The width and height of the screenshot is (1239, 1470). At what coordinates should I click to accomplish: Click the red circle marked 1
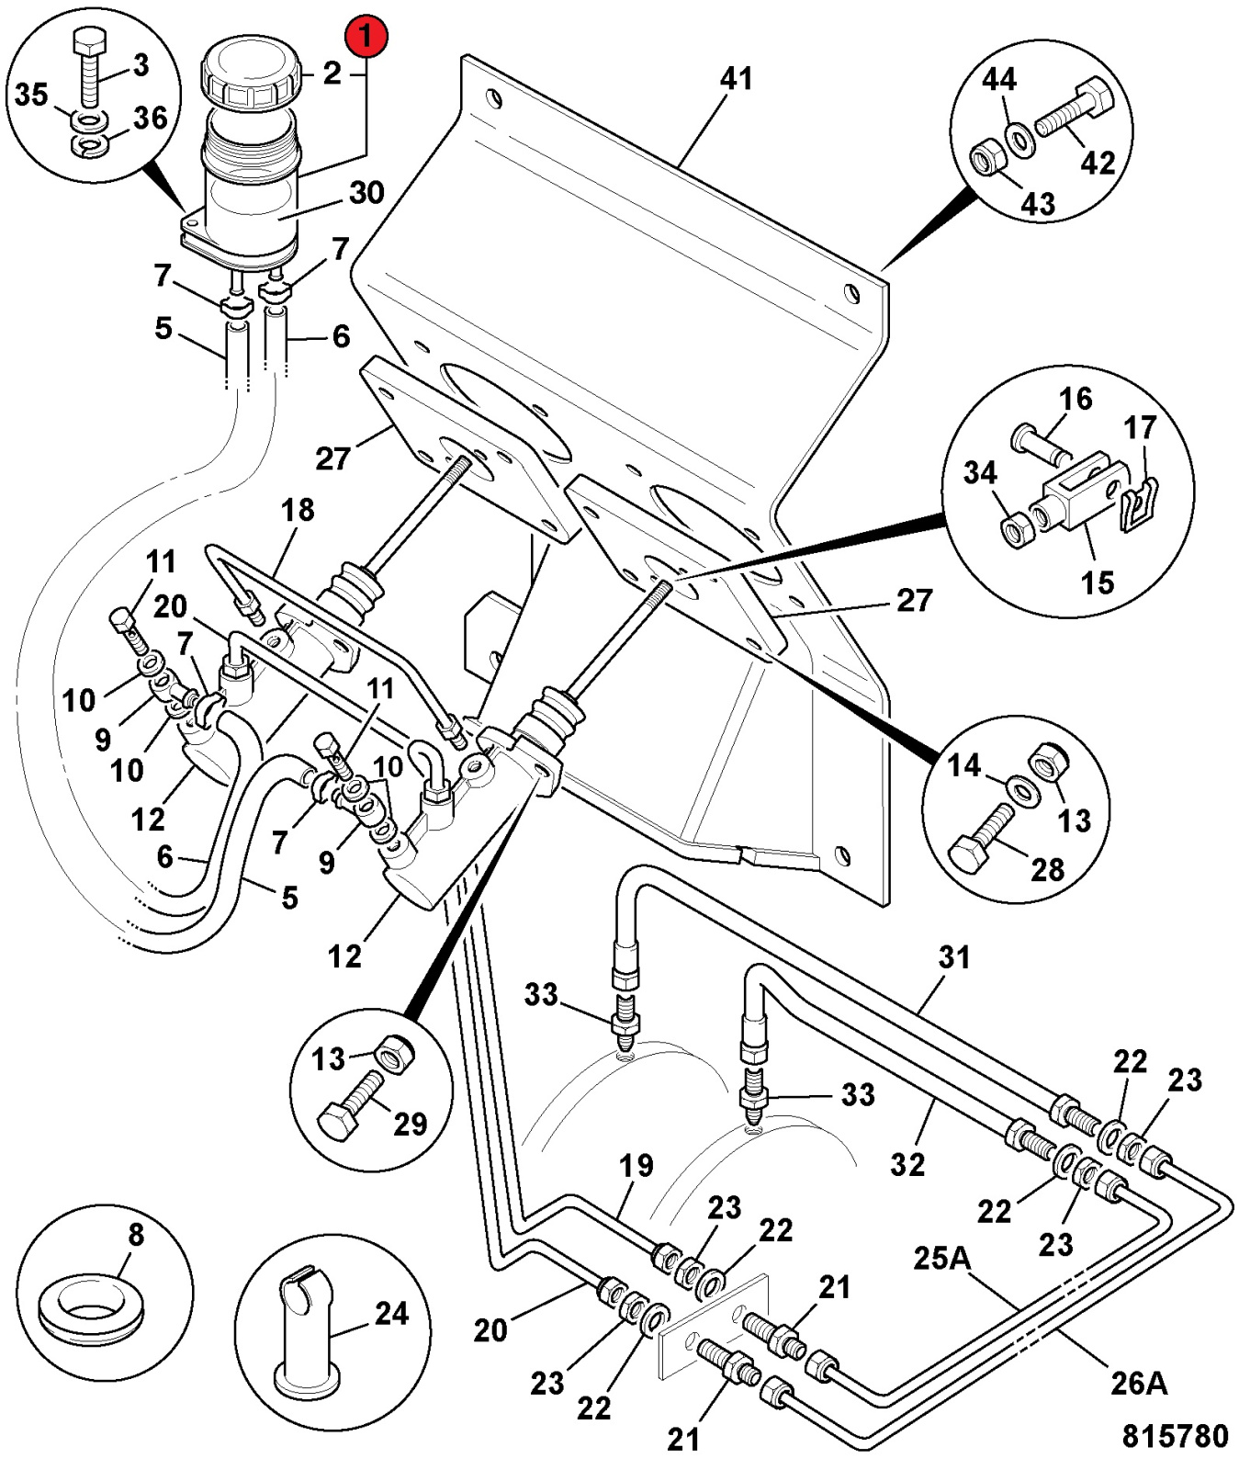[x=366, y=39]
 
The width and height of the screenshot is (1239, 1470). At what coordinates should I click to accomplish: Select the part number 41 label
[x=737, y=79]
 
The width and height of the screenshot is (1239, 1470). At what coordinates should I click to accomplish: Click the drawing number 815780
[x=1175, y=1435]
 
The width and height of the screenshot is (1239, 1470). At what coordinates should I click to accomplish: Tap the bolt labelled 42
[x=1075, y=107]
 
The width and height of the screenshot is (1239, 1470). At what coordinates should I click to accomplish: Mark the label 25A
[x=942, y=1256]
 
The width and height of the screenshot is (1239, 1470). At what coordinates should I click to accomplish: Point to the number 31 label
[x=953, y=957]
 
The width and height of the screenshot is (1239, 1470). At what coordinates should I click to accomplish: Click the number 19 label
[x=636, y=1165]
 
